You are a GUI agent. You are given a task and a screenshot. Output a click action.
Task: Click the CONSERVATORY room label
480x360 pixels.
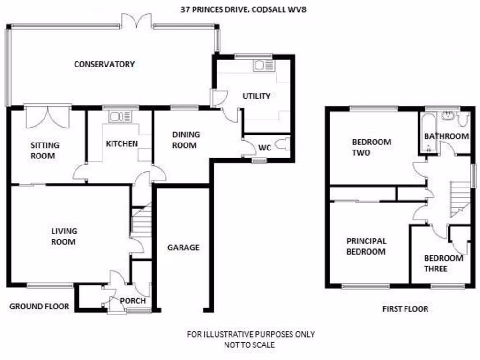[104, 64]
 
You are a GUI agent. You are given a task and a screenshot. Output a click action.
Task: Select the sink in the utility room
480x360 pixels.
[262, 66]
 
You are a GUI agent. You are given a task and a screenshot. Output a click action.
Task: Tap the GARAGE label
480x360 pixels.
[183, 247]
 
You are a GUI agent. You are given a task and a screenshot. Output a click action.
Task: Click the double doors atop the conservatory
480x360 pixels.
[136, 21]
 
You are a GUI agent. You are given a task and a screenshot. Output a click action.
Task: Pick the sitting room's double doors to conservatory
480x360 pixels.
[47, 117]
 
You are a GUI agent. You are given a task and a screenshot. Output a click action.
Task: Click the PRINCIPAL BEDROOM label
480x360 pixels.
[366, 246]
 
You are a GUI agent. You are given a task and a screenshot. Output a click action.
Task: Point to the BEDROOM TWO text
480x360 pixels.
[371, 147]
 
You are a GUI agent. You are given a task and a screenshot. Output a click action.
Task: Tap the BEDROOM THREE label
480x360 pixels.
[443, 263]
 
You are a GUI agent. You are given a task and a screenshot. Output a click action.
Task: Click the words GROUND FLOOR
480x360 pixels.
[39, 307]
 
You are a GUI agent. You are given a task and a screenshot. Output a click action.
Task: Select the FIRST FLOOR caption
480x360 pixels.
[405, 309]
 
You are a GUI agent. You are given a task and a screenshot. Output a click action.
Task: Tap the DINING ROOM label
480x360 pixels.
[186, 140]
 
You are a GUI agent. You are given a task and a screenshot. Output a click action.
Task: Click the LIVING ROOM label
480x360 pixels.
[64, 236]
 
